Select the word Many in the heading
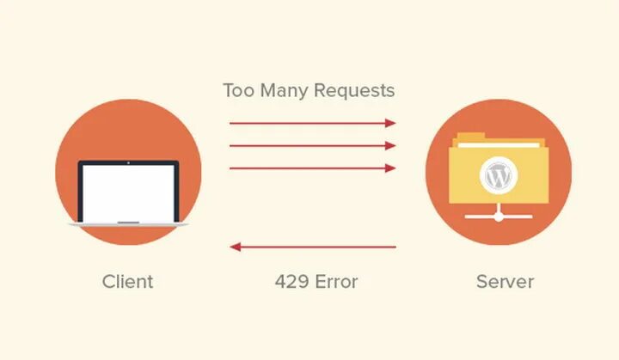tap(285, 90)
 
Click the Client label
tap(127, 281)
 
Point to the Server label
tap(505, 281)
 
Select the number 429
tap(291, 281)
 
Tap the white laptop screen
tap(128, 191)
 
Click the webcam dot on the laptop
tap(128, 162)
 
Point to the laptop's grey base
tap(128, 223)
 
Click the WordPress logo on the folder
tap(498, 176)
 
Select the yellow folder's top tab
tap(475, 136)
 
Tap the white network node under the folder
tap(499, 216)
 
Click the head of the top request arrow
tap(391, 124)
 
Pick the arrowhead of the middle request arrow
tap(391, 146)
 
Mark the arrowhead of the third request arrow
tap(391, 168)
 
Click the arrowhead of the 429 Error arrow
tap(235, 247)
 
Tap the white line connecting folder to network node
tap(499, 206)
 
